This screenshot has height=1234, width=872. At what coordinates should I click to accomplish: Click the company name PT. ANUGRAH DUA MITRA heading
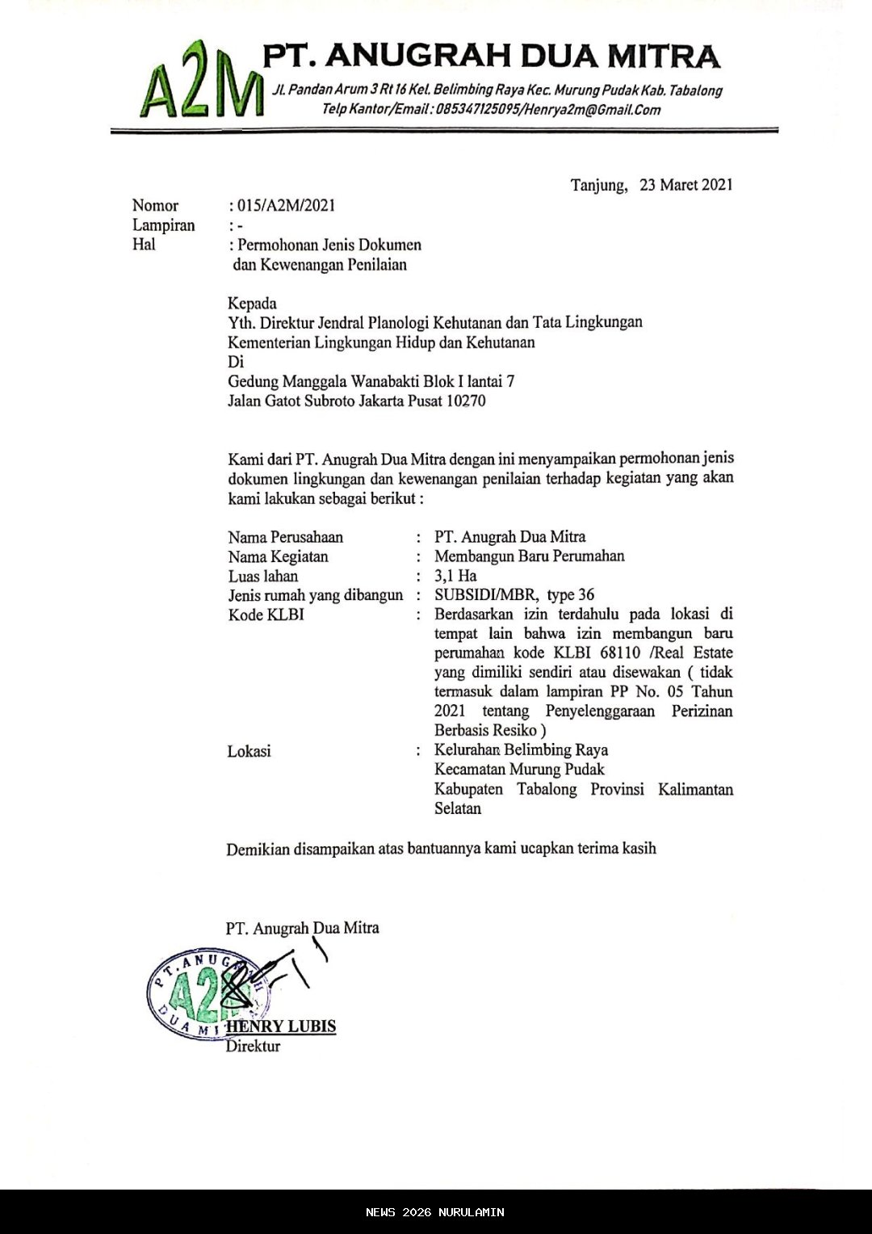pos(491,57)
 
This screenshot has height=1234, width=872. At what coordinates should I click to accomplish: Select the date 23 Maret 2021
pos(685,185)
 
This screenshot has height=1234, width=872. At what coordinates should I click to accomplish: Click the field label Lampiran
pos(164,225)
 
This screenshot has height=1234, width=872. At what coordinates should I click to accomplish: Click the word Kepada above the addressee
pos(252,304)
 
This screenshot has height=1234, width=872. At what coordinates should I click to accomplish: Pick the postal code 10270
pos(466,401)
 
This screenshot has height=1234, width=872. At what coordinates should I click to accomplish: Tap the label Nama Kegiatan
pos(278,556)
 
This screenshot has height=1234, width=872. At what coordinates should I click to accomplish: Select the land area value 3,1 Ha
pos(455,576)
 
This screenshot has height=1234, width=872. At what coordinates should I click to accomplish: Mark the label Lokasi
pos(249,751)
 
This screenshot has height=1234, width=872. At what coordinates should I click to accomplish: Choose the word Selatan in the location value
pos(458,808)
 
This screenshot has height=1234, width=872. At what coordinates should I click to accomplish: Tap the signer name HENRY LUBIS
pos(281,1026)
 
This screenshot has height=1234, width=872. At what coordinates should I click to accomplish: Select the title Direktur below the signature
pos(253,1047)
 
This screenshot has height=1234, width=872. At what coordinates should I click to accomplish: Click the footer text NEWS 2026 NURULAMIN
pos(434,1212)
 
